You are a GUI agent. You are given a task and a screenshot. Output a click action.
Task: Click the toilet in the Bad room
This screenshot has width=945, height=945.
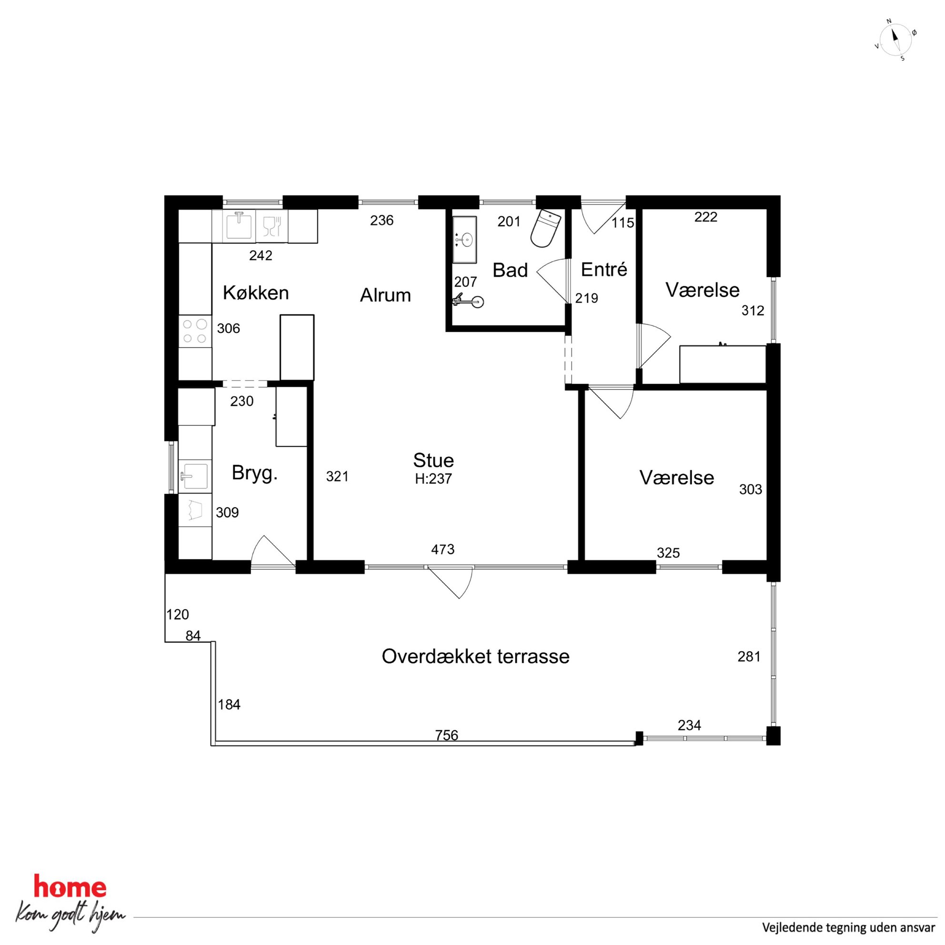pyautogui.click(x=545, y=229)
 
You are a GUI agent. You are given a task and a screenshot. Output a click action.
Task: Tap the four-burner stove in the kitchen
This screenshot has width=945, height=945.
pyautogui.click(x=195, y=331)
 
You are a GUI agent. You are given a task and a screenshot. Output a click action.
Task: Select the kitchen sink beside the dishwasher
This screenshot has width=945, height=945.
pyautogui.click(x=239, y=225)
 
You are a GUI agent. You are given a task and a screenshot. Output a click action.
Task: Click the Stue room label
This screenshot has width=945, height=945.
pyautogui.click(x=433, y=460)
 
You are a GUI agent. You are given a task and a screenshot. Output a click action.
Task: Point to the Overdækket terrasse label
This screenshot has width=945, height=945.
pyautogui.click(x=475, y=656)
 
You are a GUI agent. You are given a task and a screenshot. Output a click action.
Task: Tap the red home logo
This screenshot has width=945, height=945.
pyautogui.click(x=70, y=887)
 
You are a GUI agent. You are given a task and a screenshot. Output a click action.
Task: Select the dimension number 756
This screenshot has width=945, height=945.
pyautogui.click(x=447, y=735)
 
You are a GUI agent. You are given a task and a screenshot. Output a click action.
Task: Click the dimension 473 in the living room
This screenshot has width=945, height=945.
pyautogui.click(x=442, y=549)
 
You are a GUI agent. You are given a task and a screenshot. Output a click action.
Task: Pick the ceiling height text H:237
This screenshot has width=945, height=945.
pyautogui.click(x=433, y=479)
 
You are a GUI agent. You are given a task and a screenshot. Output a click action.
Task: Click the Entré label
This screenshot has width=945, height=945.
pyautogui.click(x=604, y=270)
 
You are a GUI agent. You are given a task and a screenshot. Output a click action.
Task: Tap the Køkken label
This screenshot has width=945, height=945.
pyautogui.click(x=256, y=292)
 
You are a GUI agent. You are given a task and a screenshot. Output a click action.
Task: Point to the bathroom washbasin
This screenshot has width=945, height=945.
pyautogui.click(x=464, y=240)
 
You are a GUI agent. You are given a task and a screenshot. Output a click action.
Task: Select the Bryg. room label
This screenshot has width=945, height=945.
pyautogui.click(x=255, y=473)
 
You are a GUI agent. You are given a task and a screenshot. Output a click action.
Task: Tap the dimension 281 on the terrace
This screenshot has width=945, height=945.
pyautogui.click(x=749, y=656)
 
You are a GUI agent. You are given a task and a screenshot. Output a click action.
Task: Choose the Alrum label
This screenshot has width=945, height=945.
pyautogui.click(x=385, y=295)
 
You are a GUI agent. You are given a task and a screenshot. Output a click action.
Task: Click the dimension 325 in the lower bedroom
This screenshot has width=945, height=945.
pyautogui.click(x=668, y=553)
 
